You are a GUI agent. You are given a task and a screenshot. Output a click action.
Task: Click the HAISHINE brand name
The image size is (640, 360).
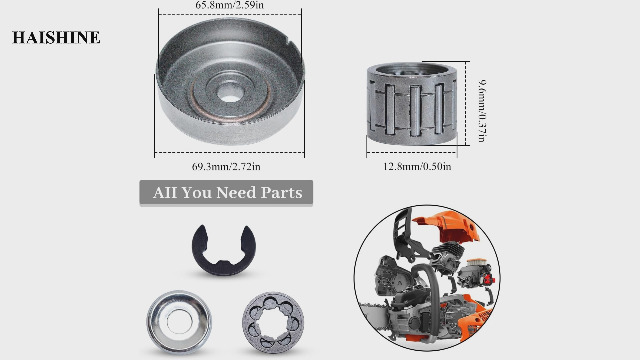(x=56, y=38)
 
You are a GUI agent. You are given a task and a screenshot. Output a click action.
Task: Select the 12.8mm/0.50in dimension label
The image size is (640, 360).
(x=416, y=166)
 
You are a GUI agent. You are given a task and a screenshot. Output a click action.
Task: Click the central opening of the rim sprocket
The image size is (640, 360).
(x=273, y=320)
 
